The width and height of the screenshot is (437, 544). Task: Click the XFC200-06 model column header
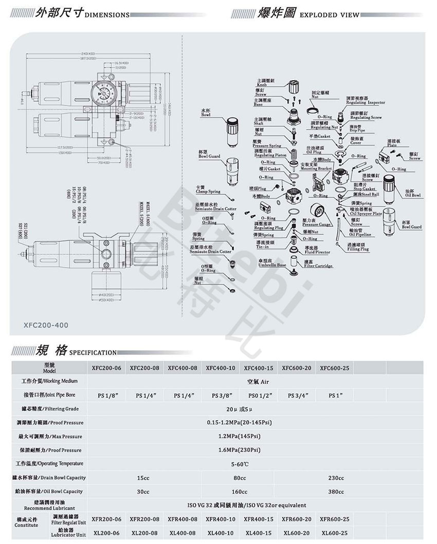coord(106,368)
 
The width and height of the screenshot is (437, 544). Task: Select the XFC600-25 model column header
coord(334,368)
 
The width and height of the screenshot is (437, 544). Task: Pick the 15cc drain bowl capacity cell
coord(143,478)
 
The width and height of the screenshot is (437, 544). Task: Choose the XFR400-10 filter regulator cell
coord(221,519)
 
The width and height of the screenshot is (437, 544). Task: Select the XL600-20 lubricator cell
coord(297,533)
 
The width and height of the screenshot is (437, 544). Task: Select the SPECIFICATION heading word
coord(93,353)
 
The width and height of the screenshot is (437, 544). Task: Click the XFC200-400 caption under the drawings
coord(46,325)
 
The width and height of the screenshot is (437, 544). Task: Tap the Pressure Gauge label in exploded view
coord(317,223)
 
